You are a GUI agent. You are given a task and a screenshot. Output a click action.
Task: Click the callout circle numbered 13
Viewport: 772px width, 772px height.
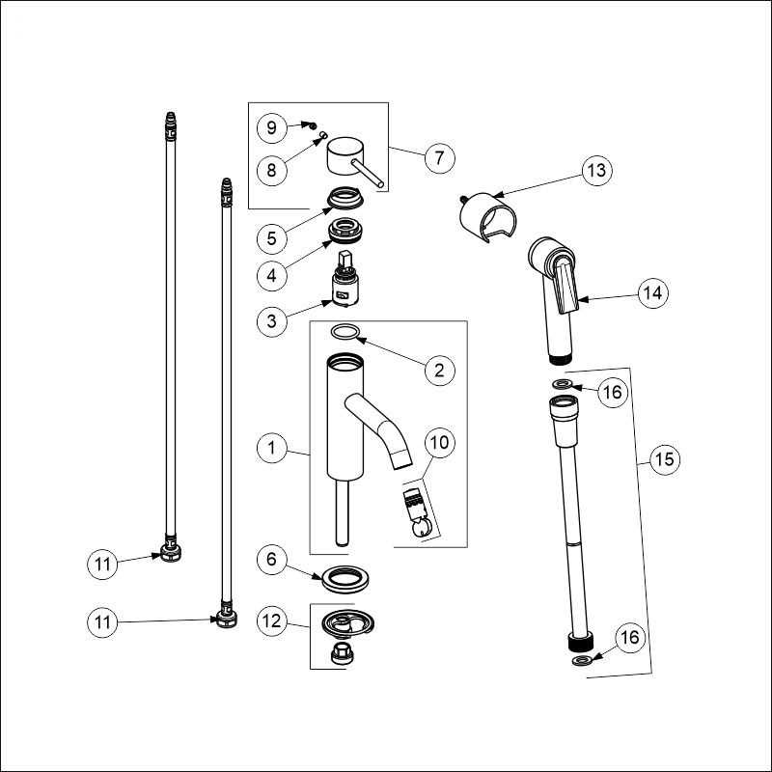[598, 172]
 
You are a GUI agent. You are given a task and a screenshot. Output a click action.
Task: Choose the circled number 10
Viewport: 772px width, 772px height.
[439, 444]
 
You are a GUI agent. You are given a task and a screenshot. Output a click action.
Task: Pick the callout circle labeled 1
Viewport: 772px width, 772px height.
[273, 448]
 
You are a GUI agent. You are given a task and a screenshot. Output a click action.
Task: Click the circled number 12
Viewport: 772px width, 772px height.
[273, 621]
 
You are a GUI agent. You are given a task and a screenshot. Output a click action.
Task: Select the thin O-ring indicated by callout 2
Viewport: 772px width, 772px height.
[345, 333]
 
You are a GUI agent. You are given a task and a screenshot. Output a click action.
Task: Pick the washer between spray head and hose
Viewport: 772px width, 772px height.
[562, 384]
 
